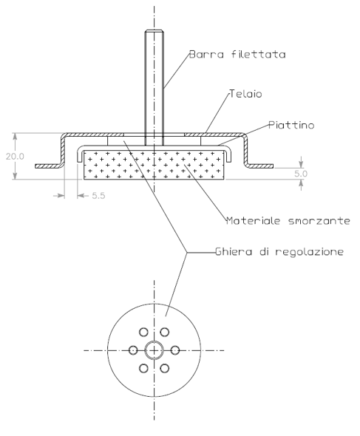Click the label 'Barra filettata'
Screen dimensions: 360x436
click(x=237, y=54)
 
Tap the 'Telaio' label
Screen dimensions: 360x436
click(x=245, y=94)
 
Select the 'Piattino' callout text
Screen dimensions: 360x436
click(x=291, y=125)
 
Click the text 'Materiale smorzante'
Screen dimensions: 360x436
click(x=288, y=220)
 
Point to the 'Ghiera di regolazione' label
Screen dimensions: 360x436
click(x=279, y=252)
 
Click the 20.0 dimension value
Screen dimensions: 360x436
click(x=15, y=156)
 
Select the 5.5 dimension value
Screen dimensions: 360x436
click(x=99, y=196)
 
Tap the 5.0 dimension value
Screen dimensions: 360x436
click(x=301, y=174)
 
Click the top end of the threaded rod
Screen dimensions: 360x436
click(x=154, y=30)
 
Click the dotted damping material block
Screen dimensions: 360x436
click(x=154, y=165)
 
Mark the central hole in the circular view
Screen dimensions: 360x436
click(x=154, y=350)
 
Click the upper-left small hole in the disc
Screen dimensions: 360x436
click(x=143, y=332)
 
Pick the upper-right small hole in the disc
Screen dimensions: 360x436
click(x=164, y=332)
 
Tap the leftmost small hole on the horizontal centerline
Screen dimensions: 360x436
click(x=133, y=350)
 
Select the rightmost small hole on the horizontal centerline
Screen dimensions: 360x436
click(x=175, y=350)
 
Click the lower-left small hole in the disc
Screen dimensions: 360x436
click(x=143, y=368)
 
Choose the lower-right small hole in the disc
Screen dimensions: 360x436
click(x=164, y=368)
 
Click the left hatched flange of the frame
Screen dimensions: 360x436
click(x=48, y=166)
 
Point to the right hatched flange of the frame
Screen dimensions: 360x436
click(x=260, y=166)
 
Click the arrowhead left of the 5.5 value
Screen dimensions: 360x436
click(x=81, y=196)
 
